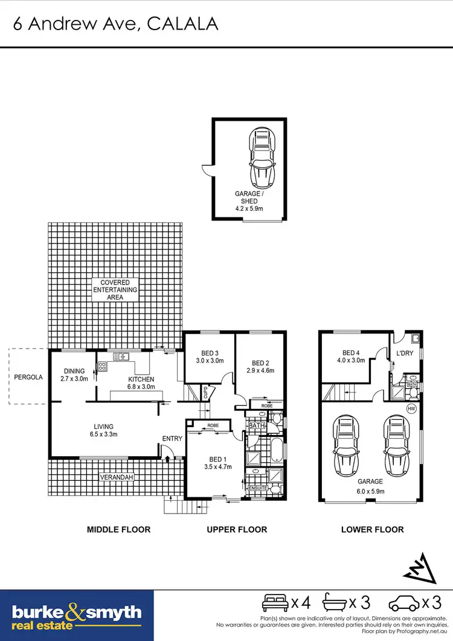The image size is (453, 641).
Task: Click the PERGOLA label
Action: (x=29, y=377)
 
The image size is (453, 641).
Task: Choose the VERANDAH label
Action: (x=117, y=477)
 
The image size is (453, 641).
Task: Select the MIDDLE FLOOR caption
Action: (x=118, y=530)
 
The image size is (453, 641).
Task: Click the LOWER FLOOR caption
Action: (x=372, y=530)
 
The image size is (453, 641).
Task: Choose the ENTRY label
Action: (x=172, y=439)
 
